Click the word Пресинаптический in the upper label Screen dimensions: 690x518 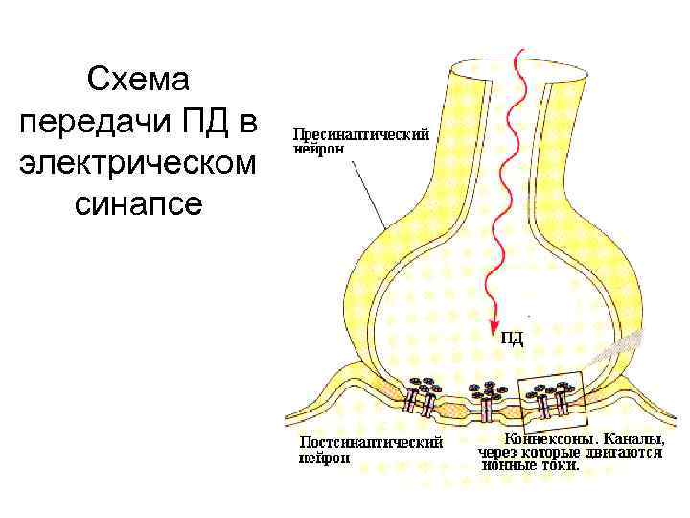pos(359,136)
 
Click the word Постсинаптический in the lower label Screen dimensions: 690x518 pos(370,443)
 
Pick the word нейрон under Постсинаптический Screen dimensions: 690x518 pos(324,458)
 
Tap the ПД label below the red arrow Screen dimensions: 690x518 pos(513,337)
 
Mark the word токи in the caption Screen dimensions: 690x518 pos(561,464)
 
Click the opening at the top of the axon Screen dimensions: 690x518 pos(498,69)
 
